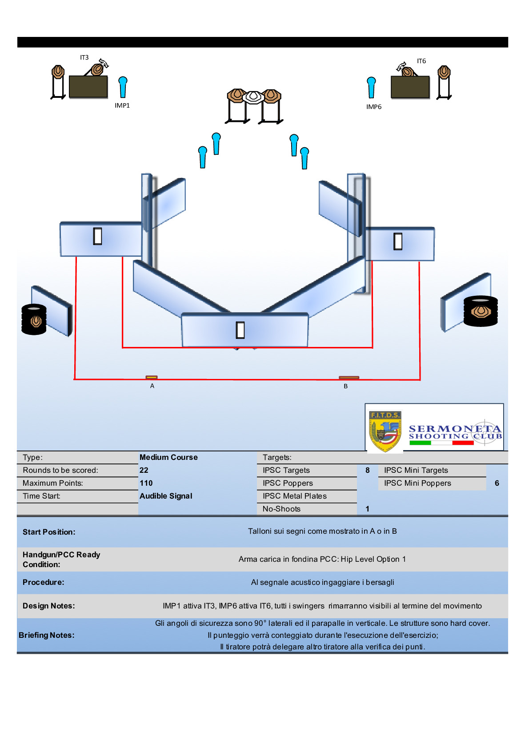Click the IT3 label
(84, 57)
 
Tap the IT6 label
(421, 61)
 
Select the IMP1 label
(122, 105)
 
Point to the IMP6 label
(374, 107)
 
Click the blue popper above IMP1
(123, 86)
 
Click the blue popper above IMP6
(371, 87)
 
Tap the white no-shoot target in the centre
(253, 97)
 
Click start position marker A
(152, 378)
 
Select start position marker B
(349, 378)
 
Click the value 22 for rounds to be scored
(144, 470)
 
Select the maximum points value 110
(146, 483)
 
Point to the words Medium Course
(168, 457)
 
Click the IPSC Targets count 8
(368, 470)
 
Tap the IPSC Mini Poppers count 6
(497, 483)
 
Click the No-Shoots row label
(281, 509)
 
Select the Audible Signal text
(166, 496)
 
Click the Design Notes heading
(49, 606)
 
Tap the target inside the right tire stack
(480, 311)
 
